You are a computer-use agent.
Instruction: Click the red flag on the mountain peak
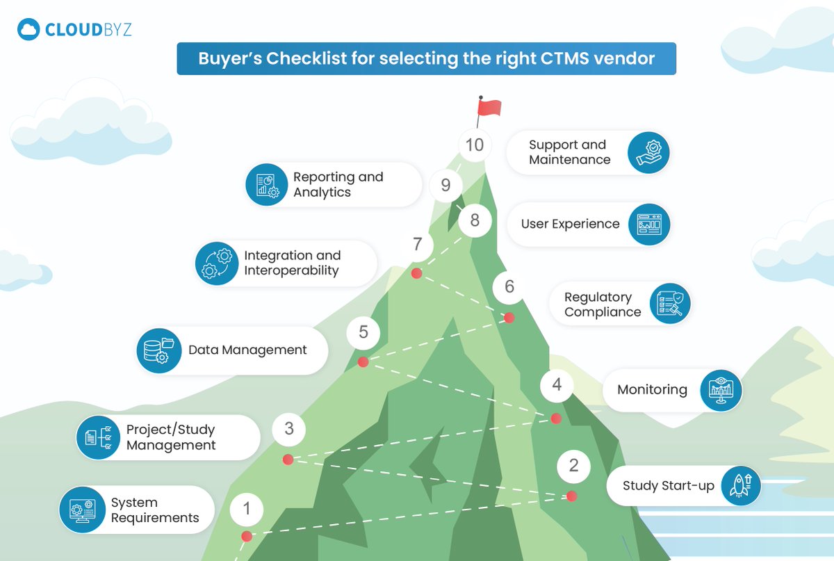pyautogui.click(x=489, y=108)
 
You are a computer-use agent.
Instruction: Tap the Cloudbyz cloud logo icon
pyautogui.click(x=28, y=30)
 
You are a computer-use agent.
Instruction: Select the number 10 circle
pyautogui.click(x=475, y=145)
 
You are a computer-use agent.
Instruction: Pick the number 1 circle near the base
pyautogui.click(x=246, y=510)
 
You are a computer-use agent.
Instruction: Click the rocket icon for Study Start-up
pyautogui.click(x=739, y=485)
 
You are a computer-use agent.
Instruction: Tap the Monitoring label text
pyautogui.click(x=652, y=390)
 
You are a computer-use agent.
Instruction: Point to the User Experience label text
pyautogui.click(x=570, y=224)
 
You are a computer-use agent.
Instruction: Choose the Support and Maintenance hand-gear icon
pyautogui.click(x=648, y=152)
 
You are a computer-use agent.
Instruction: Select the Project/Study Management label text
pyautogui.click(x=171, y=437)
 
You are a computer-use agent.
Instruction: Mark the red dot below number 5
pyautogui.click(x=362, y=362)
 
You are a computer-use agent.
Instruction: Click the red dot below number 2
pyautogui.click(x=571, y=496)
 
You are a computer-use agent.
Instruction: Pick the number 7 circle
pyautogui.click(x=417, y=245)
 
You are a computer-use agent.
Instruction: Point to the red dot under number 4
pyautogui.click(x=555, y=418)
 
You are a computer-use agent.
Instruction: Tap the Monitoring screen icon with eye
pyautogui.click(x=721, y=390)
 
